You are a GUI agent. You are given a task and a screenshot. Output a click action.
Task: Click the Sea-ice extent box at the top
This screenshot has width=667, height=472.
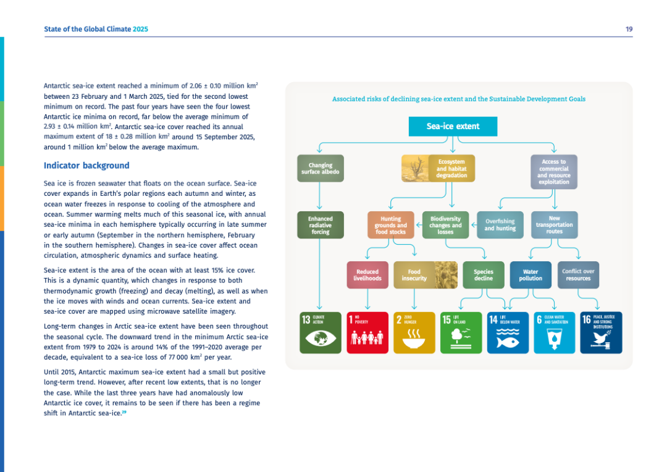[453, 127]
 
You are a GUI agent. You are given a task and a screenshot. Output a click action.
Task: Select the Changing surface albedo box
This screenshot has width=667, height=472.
[321, 168]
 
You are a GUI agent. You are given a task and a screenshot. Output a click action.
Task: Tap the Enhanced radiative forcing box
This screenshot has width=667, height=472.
[321, 225]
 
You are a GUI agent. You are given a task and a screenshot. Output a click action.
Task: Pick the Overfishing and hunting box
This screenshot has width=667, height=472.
[500, 225]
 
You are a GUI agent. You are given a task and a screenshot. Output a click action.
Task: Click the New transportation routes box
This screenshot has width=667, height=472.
[554, 225]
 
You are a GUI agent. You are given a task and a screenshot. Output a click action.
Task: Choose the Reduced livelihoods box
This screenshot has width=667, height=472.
[367, 275]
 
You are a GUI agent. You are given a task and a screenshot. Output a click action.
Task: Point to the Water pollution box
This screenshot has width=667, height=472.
[531, 275]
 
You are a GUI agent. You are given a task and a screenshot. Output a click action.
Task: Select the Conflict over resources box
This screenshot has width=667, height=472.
[578, 275]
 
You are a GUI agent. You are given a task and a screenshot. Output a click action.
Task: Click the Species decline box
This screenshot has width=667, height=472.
[484, 275]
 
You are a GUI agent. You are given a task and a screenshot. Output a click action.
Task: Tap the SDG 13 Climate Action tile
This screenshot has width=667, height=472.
[321, 332]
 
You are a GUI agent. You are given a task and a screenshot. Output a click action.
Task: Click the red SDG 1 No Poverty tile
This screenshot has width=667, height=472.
[367, 332]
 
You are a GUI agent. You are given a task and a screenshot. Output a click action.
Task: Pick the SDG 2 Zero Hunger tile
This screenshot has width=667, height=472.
[414, 332]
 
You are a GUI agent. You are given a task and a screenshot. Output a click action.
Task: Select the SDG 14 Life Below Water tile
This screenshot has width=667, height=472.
[508, 332]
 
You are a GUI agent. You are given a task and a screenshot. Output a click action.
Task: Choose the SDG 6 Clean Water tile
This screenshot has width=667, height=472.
[555, 332]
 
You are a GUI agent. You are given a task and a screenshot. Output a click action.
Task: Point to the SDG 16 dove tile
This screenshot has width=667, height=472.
[602, 332]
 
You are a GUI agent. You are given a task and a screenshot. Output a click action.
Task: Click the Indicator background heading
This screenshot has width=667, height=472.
[86, 166]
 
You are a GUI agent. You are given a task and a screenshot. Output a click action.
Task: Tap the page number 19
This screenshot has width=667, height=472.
[629, 29]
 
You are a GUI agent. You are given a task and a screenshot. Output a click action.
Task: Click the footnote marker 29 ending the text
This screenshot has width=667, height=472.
[124, 413]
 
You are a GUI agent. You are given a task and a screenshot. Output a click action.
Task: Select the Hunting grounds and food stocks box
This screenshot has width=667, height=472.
[390, 225]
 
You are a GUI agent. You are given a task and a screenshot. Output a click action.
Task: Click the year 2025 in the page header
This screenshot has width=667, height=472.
[141, 29]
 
